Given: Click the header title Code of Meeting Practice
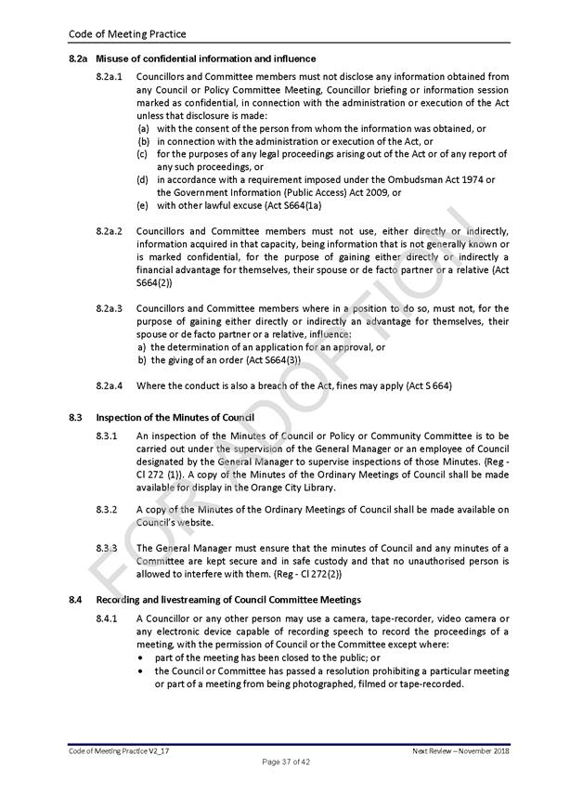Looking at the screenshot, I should tap(127, 34).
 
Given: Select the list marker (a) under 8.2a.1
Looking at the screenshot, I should tap(143, 128).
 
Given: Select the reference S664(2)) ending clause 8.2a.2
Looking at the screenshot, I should tap(156, 282).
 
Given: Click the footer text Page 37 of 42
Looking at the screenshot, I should tap(284, 761).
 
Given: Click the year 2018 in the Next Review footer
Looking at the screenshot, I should tap(499, 748).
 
